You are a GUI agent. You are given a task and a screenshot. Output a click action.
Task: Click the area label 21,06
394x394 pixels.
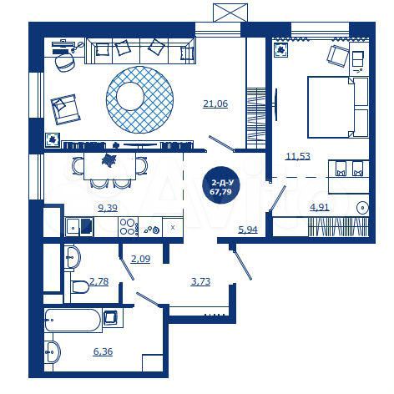tap(215, 104)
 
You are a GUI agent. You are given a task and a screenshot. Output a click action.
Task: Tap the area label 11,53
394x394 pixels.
tap(298, 156)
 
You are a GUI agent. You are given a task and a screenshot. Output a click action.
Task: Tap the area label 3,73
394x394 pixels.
tap(200, 281)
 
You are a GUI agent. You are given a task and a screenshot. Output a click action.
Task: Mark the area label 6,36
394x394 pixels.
tap(103, 351)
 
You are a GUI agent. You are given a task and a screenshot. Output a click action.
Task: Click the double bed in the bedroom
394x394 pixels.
tap(337, 107)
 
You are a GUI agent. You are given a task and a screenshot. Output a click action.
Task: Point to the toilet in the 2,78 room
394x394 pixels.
tap(79, 287)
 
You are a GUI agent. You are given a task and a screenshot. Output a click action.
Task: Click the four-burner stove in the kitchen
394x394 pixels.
tap(128, 225)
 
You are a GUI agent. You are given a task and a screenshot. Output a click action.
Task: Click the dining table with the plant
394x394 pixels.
tap(107, 161)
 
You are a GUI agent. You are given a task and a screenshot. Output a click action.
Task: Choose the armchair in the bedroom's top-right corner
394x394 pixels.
tap(337, 56)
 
